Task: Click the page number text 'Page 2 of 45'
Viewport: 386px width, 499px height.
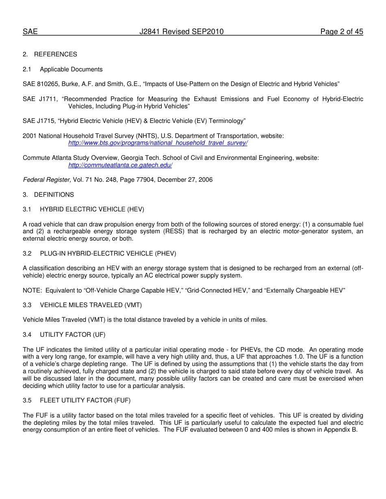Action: tap(341, 32)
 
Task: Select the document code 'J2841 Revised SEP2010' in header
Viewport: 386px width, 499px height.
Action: tap(181, 32)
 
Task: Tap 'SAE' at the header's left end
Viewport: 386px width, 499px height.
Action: tap(30, 32)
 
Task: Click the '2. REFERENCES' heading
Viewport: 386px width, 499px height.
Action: tap(50, 54)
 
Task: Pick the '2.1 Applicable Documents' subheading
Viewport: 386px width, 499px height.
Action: tap(63, 69)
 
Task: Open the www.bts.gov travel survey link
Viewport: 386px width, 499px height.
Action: tap(158, 143)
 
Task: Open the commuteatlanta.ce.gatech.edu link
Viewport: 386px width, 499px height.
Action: tap(120, 165)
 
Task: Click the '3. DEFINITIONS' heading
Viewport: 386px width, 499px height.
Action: tap(48, 195)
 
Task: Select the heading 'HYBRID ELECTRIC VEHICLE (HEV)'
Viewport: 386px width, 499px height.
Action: tap(92, 209)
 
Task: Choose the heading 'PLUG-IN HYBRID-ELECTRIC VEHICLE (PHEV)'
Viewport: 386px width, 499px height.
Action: tap(108, 254)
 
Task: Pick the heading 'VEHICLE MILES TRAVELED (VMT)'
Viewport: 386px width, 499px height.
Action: tap(91, 305)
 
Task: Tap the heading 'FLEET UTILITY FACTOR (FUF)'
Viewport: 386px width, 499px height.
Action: tap(85, 400)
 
